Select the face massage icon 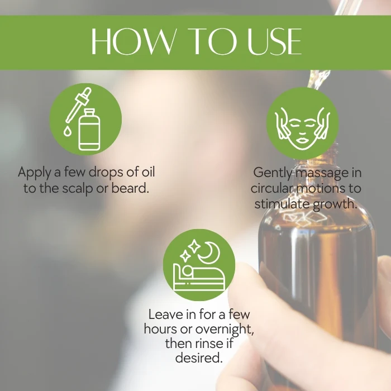pyautogui.click(x=303, y=123)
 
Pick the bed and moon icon pyautogui.click(x=199, y=265)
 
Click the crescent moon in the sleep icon pyautogui.click(x=209, y=252)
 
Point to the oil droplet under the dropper pyautogui.click(x=67, y=131)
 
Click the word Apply pyautogui.click(x=35, y=173)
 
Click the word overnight pyautogui.click(x=225, y=330)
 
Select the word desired pyautogui.click(x=199, y=358)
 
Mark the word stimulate pyautogui.click(x=282, y=204)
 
